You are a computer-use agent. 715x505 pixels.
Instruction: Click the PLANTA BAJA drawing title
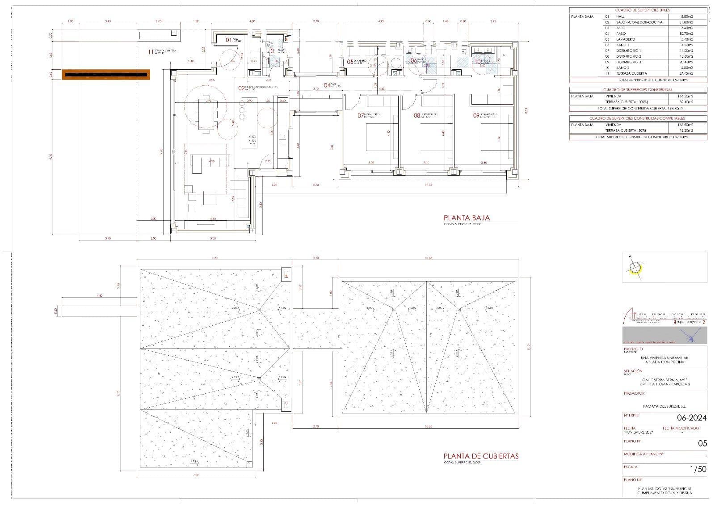click(x=466, y=218)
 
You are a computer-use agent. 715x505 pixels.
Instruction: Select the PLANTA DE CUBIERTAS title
click(x=481, y=456)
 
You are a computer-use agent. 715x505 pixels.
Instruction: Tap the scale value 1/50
click(x=698, y=469)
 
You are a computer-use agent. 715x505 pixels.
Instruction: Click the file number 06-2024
click(x=692, y=418)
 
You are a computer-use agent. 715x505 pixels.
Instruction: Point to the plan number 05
click(x=702, y=444)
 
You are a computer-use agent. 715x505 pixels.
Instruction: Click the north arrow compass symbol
click(x=634, y=268)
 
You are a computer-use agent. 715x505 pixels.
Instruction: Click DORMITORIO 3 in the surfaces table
click(x=629, y=62)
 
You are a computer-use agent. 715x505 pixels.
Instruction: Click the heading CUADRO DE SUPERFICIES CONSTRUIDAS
click(x=638, y=90)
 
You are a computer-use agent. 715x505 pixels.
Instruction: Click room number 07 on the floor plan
click(x=361, y=115)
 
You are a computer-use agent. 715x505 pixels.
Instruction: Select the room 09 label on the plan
click(x=476, y=115)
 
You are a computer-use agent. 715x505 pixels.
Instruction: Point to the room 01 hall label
click(x=228, y=40)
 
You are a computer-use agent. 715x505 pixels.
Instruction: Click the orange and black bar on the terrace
click(x=106, y=75)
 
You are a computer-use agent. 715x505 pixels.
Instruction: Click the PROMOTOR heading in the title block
click(x=634, y=394)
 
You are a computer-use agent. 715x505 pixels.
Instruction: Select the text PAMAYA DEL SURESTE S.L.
click(x=664, y=407)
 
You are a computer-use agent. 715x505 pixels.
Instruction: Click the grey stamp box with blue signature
click(x=665, y=335)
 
